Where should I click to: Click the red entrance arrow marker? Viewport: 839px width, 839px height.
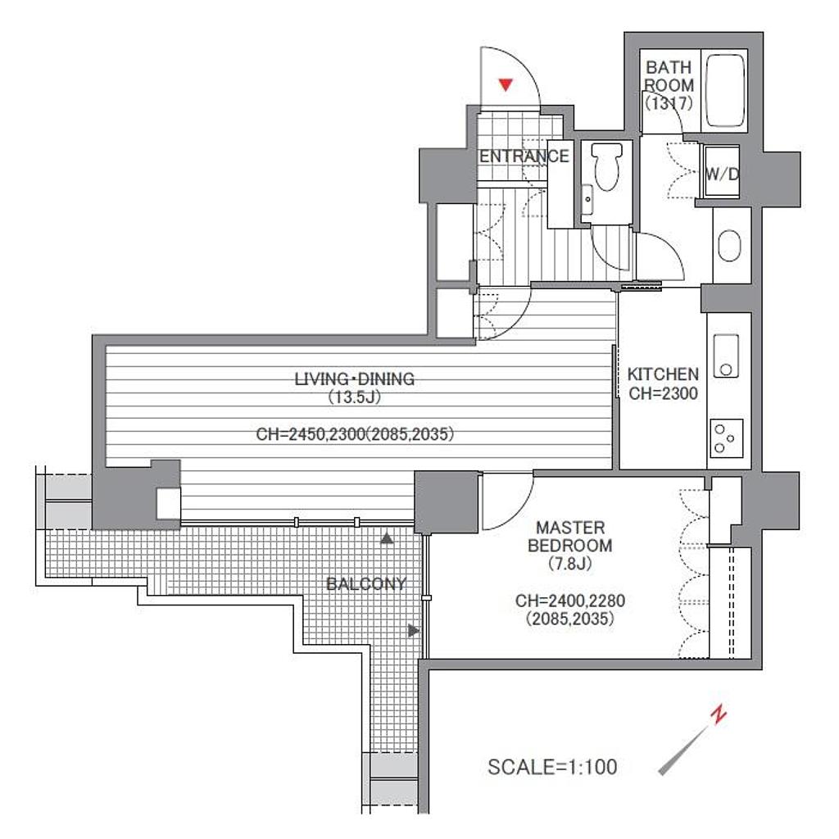pos(506,84)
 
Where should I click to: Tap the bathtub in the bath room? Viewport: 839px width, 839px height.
pos(725,90)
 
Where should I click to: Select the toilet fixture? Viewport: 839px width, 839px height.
pos(607,166)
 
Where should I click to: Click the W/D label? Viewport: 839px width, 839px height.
pos(722,174)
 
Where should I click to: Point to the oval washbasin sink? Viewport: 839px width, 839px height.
pos(728,246)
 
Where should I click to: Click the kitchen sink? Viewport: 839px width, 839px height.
pos(726,356)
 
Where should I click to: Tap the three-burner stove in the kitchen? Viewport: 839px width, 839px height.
pos(726,438)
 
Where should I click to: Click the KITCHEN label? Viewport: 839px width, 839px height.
pos(663,374)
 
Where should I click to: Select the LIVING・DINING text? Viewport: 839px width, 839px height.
pos(354,379)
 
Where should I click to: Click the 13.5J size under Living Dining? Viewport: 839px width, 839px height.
pos(354,397)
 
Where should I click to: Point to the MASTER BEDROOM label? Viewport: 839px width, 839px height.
pos(570,537)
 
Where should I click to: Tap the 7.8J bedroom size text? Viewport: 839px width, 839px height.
pos(570,564)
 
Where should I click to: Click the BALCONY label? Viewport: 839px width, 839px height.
pos(366,583)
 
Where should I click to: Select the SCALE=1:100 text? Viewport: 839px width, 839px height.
pos(552,767)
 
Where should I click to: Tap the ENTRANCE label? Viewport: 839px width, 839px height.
pos(524,156)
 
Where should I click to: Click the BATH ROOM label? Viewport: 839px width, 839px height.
pos(669,76)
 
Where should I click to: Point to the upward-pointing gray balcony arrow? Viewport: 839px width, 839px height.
pos(387,538)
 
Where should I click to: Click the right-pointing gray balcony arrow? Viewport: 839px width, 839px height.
pos(414,631)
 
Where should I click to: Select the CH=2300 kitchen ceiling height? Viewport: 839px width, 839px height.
pos(663,393)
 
